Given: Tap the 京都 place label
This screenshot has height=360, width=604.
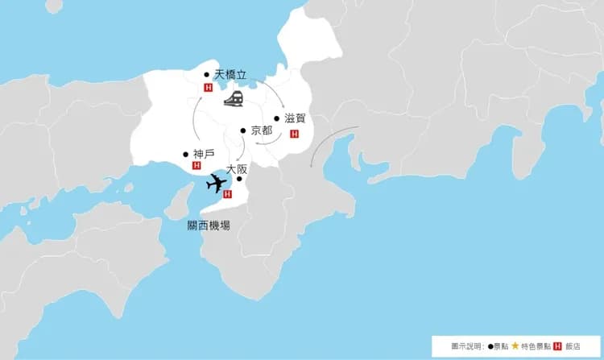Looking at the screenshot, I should click(x=262, y=130).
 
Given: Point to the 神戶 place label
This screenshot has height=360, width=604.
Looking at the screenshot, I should click(x=204, y=154).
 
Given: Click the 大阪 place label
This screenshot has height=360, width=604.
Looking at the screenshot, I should click(x=237, y=169).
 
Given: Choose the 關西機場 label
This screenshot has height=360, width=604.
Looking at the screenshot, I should click(x=203, y=226).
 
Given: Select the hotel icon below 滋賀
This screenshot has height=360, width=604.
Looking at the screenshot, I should click(x=294, y=134).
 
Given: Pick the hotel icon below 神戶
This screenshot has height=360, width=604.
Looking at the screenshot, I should click(x=197, y=166).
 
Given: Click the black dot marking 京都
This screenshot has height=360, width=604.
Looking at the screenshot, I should click(x=243, y=130).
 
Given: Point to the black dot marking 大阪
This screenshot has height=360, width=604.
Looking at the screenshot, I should click(x=238, y=179).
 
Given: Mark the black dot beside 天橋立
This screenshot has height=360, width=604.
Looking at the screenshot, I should click(x=207, y=75).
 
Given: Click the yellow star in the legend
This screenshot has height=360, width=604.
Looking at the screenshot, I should click(x=515, y=346).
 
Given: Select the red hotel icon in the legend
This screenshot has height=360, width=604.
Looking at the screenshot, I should click(x=557, y=346).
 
